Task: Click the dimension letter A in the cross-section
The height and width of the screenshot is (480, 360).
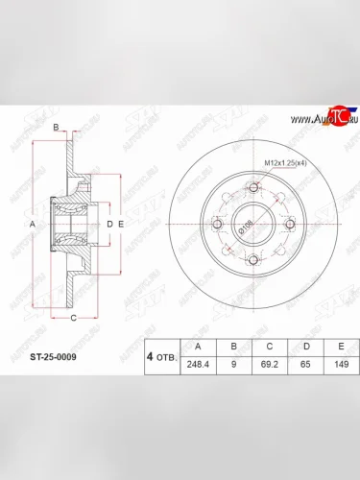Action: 33,225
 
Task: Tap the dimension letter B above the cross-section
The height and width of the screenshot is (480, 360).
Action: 56,128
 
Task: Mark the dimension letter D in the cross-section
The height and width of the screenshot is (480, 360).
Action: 109,225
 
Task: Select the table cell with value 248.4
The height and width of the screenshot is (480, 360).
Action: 199,366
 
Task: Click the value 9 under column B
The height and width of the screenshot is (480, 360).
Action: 232,366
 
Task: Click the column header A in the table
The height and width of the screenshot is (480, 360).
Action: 199,348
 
